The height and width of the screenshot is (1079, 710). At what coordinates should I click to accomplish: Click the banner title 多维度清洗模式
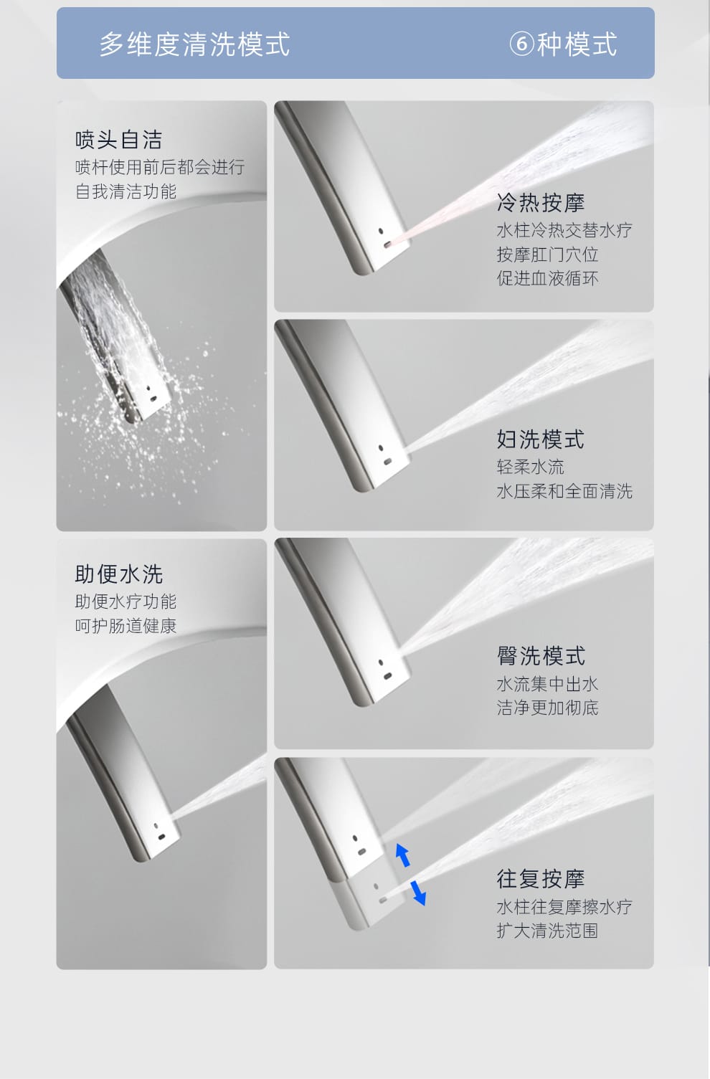coord(195,44)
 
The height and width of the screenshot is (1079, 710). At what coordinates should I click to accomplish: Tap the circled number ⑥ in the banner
coord(522,44)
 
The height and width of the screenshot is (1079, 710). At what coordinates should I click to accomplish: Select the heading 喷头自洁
coord(118,140)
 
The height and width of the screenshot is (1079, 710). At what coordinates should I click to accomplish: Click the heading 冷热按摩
coord(540,202)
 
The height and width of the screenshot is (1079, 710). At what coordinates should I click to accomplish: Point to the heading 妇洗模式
coord(540,439)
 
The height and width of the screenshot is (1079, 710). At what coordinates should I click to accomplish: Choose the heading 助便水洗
coord(118,574)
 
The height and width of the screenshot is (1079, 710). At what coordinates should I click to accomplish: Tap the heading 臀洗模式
coord(541,656)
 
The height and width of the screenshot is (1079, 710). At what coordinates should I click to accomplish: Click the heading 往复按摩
coord(540,879)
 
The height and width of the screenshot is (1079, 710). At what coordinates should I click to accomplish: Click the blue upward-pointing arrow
coord(403,855)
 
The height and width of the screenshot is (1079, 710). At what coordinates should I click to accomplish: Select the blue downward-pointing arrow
coord(418,893)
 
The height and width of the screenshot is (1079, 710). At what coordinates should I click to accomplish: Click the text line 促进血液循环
coord(548,278)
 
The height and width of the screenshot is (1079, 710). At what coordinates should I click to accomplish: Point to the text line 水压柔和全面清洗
coord(564,491)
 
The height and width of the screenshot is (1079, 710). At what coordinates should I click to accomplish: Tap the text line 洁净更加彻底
coord(548,708)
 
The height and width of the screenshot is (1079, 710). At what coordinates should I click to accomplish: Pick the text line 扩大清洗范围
coord(548,931)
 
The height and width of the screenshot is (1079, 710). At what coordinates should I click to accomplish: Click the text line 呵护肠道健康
coord(126,626)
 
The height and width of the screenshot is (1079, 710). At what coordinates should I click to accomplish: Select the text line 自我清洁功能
coord(126,191)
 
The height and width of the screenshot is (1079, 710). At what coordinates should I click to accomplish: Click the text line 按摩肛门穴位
coord(548,255)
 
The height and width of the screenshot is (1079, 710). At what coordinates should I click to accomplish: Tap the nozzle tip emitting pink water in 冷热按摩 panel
coord(387,244)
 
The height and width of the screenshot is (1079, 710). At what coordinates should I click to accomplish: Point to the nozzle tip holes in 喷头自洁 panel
coord(151,394)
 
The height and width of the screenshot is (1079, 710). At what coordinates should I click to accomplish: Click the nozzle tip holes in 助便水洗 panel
coord(159,832)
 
